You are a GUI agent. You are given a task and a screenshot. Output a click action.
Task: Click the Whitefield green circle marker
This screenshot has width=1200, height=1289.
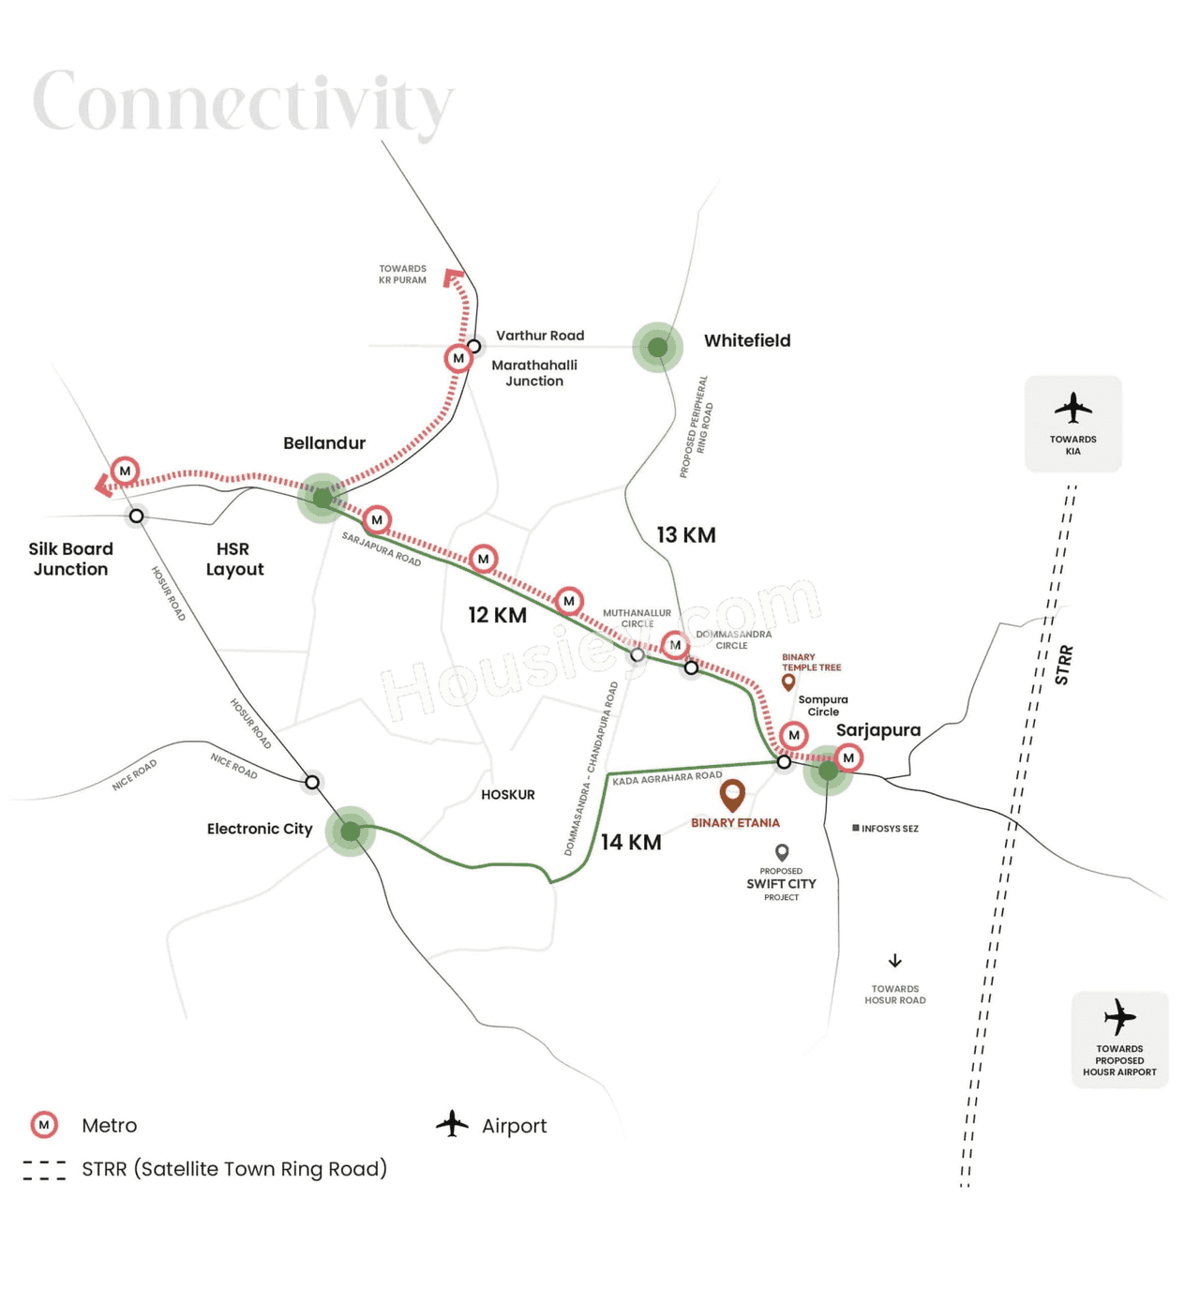coord(657,347)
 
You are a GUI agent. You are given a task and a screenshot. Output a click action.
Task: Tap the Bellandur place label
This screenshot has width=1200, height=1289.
coord(324,443)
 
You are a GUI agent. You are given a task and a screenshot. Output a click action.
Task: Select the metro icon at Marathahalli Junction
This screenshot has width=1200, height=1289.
coord(457,358)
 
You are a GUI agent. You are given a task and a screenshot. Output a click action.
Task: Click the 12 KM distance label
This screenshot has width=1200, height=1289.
coord(497,616)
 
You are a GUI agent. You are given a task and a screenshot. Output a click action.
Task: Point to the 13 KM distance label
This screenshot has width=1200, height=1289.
coord(685,535)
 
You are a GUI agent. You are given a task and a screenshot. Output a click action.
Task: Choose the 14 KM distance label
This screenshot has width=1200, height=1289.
coord(631,843)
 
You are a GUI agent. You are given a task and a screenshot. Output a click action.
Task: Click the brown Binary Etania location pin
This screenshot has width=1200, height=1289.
coord(732,795)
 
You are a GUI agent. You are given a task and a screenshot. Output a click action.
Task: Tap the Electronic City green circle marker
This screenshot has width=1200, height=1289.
coord(351,831)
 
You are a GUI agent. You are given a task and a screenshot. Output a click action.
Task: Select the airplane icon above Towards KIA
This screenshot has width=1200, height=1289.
coord(1072,409)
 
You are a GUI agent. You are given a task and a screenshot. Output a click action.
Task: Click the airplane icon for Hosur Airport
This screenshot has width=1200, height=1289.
coord(1119,1017)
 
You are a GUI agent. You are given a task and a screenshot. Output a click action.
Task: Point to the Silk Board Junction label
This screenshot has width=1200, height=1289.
coord(70,559)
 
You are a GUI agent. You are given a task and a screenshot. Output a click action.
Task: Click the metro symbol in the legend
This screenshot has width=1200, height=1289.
coord(44,1125)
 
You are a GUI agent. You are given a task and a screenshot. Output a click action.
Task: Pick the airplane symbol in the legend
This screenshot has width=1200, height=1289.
coord(452,1124)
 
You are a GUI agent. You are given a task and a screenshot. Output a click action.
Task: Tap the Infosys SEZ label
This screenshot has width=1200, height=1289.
coord(885,829)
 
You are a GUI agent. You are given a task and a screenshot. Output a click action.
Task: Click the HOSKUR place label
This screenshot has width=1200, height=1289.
coord(508,795)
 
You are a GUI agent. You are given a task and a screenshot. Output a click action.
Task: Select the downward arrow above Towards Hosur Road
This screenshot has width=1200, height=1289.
coord(895,961)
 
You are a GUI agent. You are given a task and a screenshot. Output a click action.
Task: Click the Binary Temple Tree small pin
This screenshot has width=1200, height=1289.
coord(788,682)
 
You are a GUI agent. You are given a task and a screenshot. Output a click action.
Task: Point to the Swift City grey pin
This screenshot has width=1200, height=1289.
coord(782,852)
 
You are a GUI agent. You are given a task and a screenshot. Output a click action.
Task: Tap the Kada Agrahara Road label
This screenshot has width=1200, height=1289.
coord(667,777)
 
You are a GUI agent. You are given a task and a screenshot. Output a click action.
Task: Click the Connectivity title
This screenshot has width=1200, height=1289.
coord(243,102)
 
